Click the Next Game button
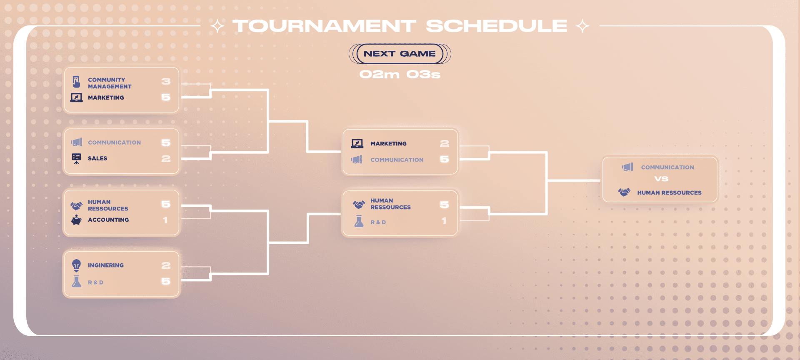pos(400,54)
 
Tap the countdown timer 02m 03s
pos(400,75)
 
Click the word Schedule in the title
pos(496,26)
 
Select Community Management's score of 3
pos(166,82)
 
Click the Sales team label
pos(97,158)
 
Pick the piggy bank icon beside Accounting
pos(76,220)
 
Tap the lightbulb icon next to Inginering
pos(76,265)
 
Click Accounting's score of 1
pos(165,220)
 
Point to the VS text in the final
pos(661,179)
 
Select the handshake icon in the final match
pos(624,192)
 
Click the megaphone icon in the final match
pos(627,167)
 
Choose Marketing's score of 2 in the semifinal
pos(445,144)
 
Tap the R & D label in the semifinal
pos(378,222)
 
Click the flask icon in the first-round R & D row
pos(76,282)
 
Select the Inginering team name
pos(106,265)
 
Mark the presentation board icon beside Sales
pos(76,158)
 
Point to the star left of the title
pos(217,26)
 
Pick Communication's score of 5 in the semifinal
pos(445,160)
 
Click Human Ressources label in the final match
pos(669,193)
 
